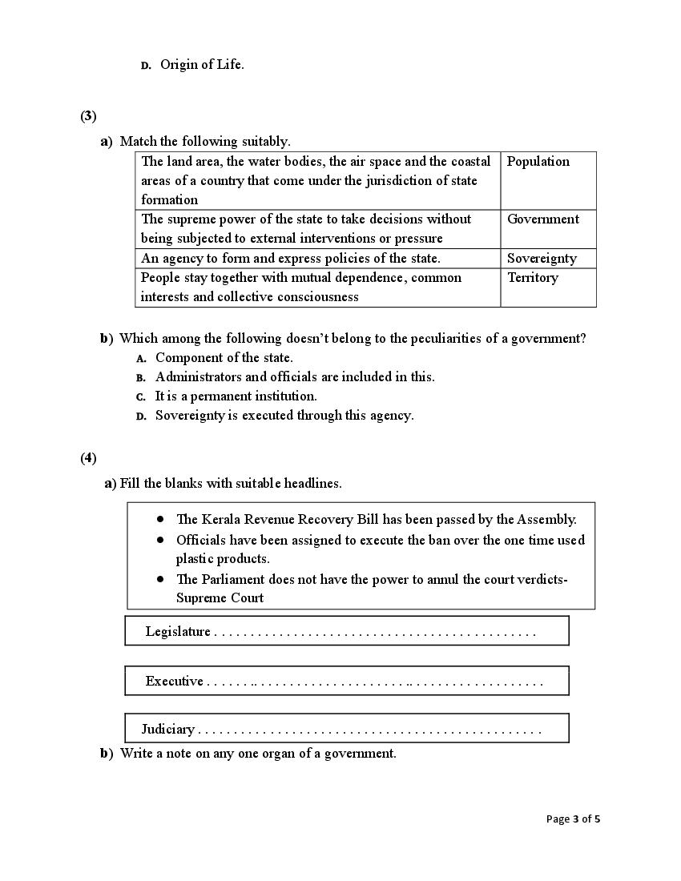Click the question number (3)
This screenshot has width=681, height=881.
pyautogui.click(x=88, y=116)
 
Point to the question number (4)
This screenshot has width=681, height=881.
pyautogui.click(x=88, y=458)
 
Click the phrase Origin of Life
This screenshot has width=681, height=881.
pyautogui.click(x=202, y=65)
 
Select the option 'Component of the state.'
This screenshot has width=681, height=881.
pyautogui.click(x=224, y=358)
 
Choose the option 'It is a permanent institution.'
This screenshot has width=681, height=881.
pyautogui.click(x=236, y=396)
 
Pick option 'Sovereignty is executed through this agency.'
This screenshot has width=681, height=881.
pyautogui.click(x=284, y=416)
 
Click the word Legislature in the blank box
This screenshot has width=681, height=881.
pyautogui.click(x=178, y=632)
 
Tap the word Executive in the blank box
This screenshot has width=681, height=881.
pyautogui.click(x=174, y=682)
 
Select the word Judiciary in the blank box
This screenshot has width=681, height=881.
pyautogui.click(x=168, y=730)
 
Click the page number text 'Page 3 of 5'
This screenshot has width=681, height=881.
pyautogui.click(x=573, y=819)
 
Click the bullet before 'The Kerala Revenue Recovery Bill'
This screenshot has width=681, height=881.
pyautogui.click(x=160, y=519)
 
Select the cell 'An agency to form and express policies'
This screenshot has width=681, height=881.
pyautogui.click(x=291, y=259)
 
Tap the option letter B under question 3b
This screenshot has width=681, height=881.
pyautogui.click(x=140, y=378)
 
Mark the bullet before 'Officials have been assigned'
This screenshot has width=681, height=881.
pyautogui.click(x=160, y=540)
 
